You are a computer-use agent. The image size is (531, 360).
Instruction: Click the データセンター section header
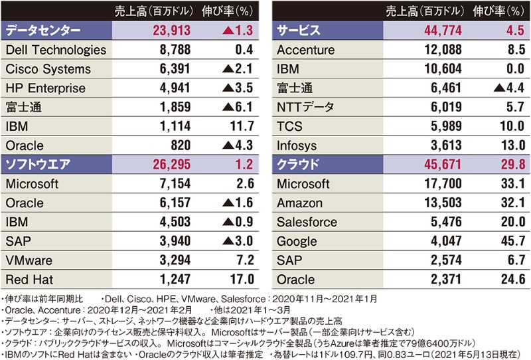point(43,30)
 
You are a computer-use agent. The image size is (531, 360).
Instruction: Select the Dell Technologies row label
point(55,49)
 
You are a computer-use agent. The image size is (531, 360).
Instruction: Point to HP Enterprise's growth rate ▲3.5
point(238,88)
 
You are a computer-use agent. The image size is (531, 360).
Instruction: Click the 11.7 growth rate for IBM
point(243,126)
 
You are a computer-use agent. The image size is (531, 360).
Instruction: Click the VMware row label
point(29,260)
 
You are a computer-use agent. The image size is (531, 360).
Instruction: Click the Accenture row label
point(305,49)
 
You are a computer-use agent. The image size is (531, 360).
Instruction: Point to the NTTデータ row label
point(305,107)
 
